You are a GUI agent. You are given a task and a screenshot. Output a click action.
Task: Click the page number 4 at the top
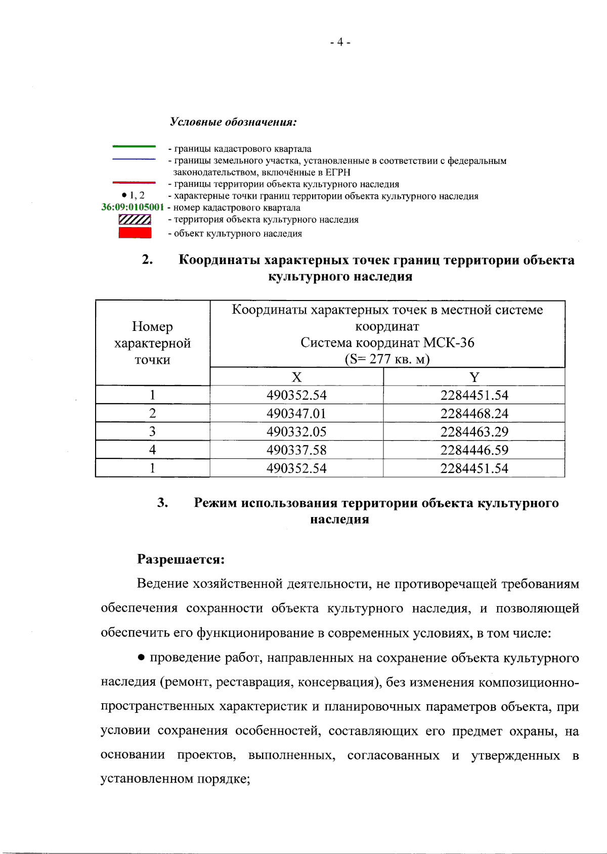340,42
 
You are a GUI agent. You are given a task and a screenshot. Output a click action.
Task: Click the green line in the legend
134,147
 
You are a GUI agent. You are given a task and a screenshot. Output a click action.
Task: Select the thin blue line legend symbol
134,159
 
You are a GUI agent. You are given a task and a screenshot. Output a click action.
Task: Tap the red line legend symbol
134,182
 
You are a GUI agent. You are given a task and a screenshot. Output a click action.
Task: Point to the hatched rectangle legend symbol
135,220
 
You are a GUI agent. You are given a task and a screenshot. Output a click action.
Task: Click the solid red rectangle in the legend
135,233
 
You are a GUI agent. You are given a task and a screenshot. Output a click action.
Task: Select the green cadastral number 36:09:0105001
133,207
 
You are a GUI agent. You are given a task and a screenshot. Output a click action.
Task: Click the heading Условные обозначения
233,122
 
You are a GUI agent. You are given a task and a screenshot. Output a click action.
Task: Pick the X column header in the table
296,377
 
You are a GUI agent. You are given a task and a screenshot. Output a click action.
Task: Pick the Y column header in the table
474,377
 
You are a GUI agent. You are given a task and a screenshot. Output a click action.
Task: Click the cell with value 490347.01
296,413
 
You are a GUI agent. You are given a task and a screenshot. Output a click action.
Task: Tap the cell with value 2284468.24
474,413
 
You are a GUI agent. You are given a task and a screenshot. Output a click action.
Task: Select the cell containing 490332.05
296,432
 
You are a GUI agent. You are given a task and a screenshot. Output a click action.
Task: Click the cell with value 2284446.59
474,450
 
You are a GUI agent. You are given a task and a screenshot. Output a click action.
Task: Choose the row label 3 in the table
152,432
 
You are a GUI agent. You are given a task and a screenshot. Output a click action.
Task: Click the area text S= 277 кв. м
387,359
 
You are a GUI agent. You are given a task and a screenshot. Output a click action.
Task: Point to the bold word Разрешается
181,559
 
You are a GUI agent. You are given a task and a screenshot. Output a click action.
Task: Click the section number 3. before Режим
162,502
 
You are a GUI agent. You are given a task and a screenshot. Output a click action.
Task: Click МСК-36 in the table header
449,343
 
